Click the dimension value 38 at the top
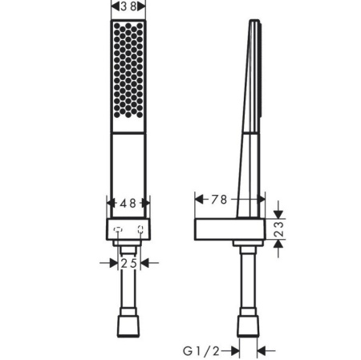(128, 7)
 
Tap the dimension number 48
(128, 204)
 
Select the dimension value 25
(128, 262)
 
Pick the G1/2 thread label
(200, 350)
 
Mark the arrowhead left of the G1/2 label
(233, 350)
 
